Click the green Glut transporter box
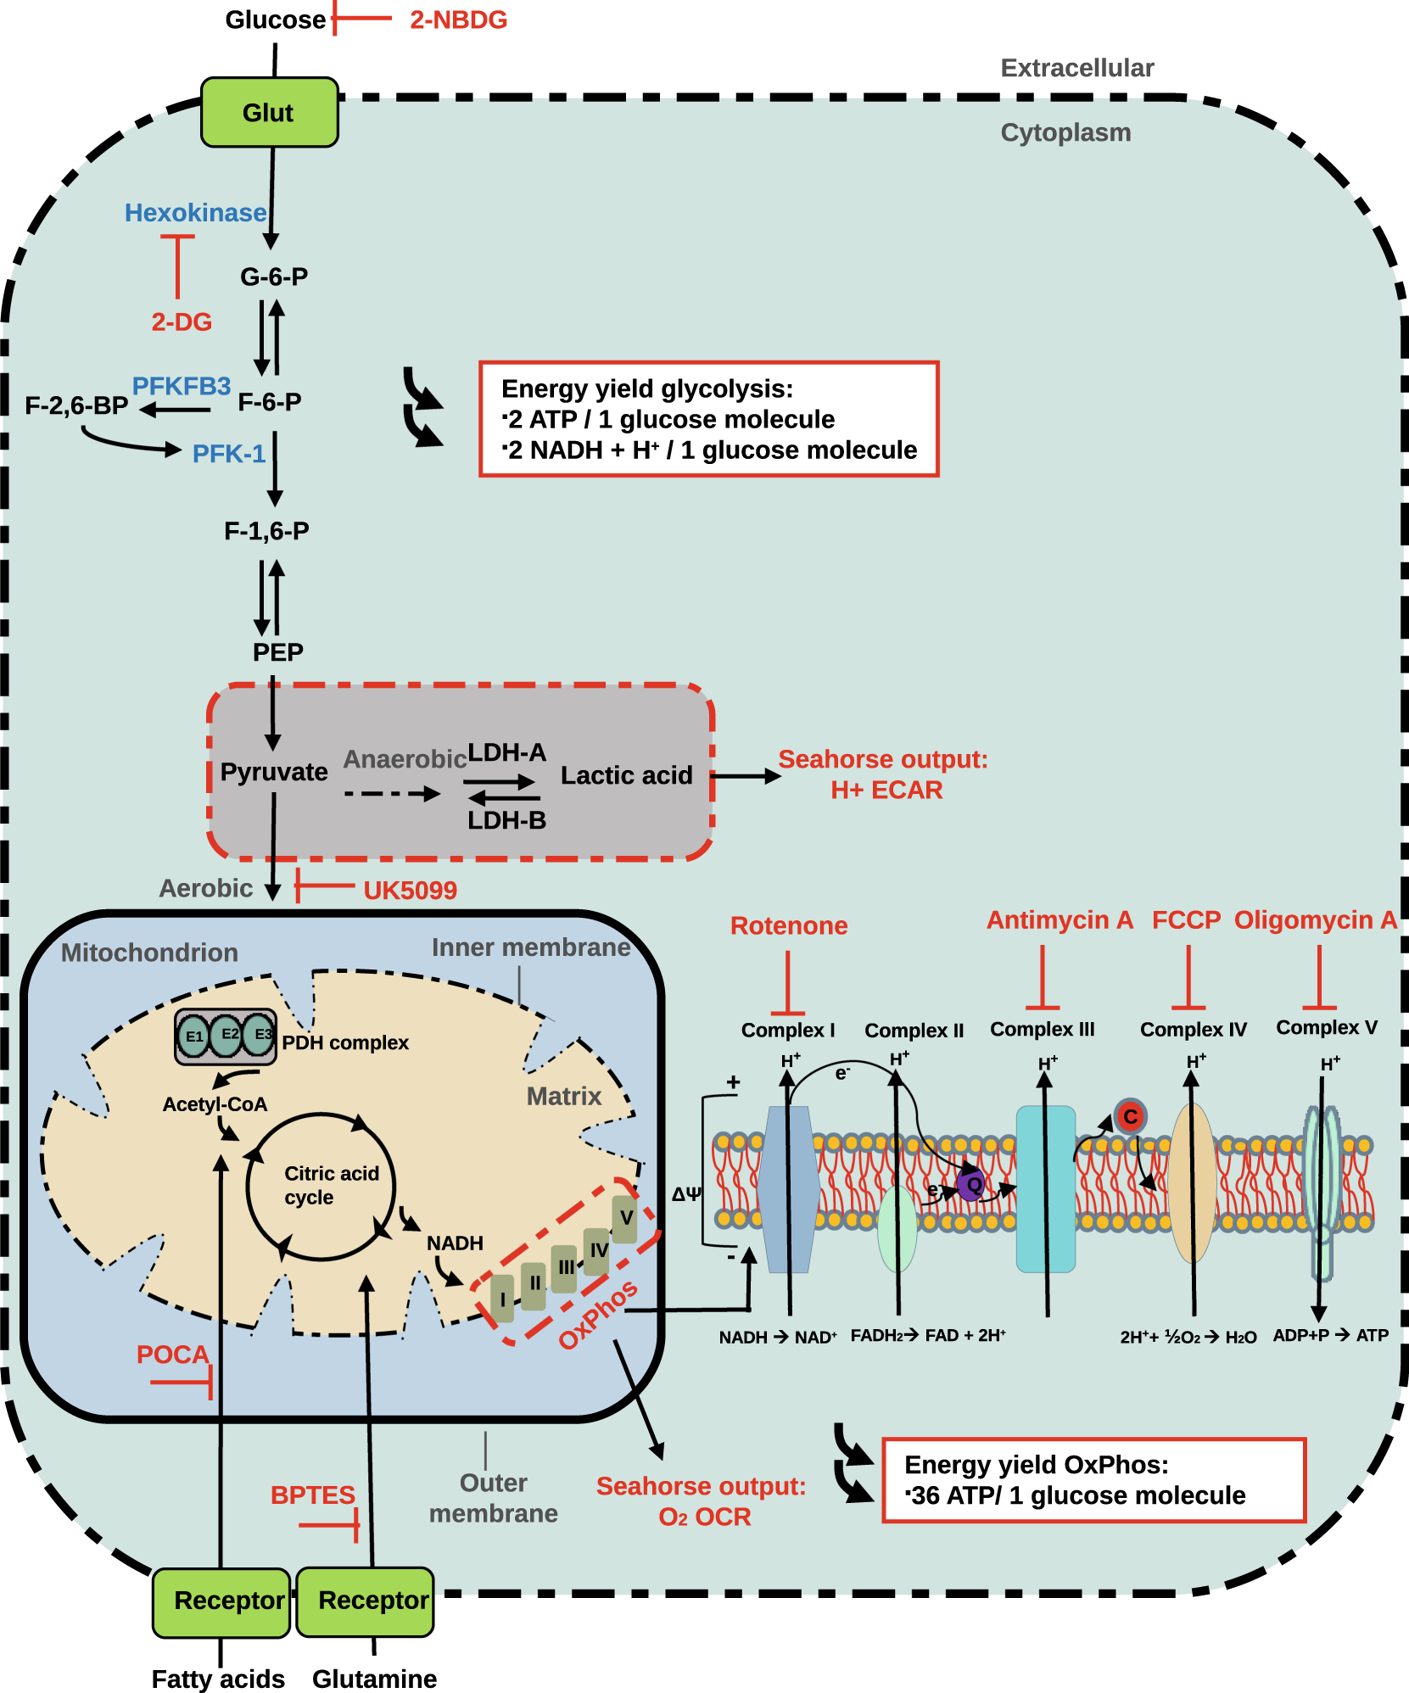(x=269, y=112)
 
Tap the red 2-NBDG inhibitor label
(x=458, y=20)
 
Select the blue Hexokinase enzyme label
(x=195, y=212)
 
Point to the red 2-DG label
(x=182, y=321)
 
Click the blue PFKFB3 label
(x=182, y=386)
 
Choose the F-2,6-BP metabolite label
(x=76, y=405)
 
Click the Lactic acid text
(x=626, y=775)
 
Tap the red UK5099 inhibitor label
(x=410, y=890)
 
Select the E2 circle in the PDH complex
(x=227, y=1035)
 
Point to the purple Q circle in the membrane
(x=972, y=1184)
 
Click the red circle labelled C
(x=1130, y=1116)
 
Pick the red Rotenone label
(x=789, y=925)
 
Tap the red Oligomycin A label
(x=1315, y=919)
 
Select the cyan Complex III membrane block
(x=1045, y=1187)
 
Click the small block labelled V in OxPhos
(x=625, y=1218)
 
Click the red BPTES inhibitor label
(x=312, y=1495)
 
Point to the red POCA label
(x=172, y=1355)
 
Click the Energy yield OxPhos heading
(x=1036, y=1465)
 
